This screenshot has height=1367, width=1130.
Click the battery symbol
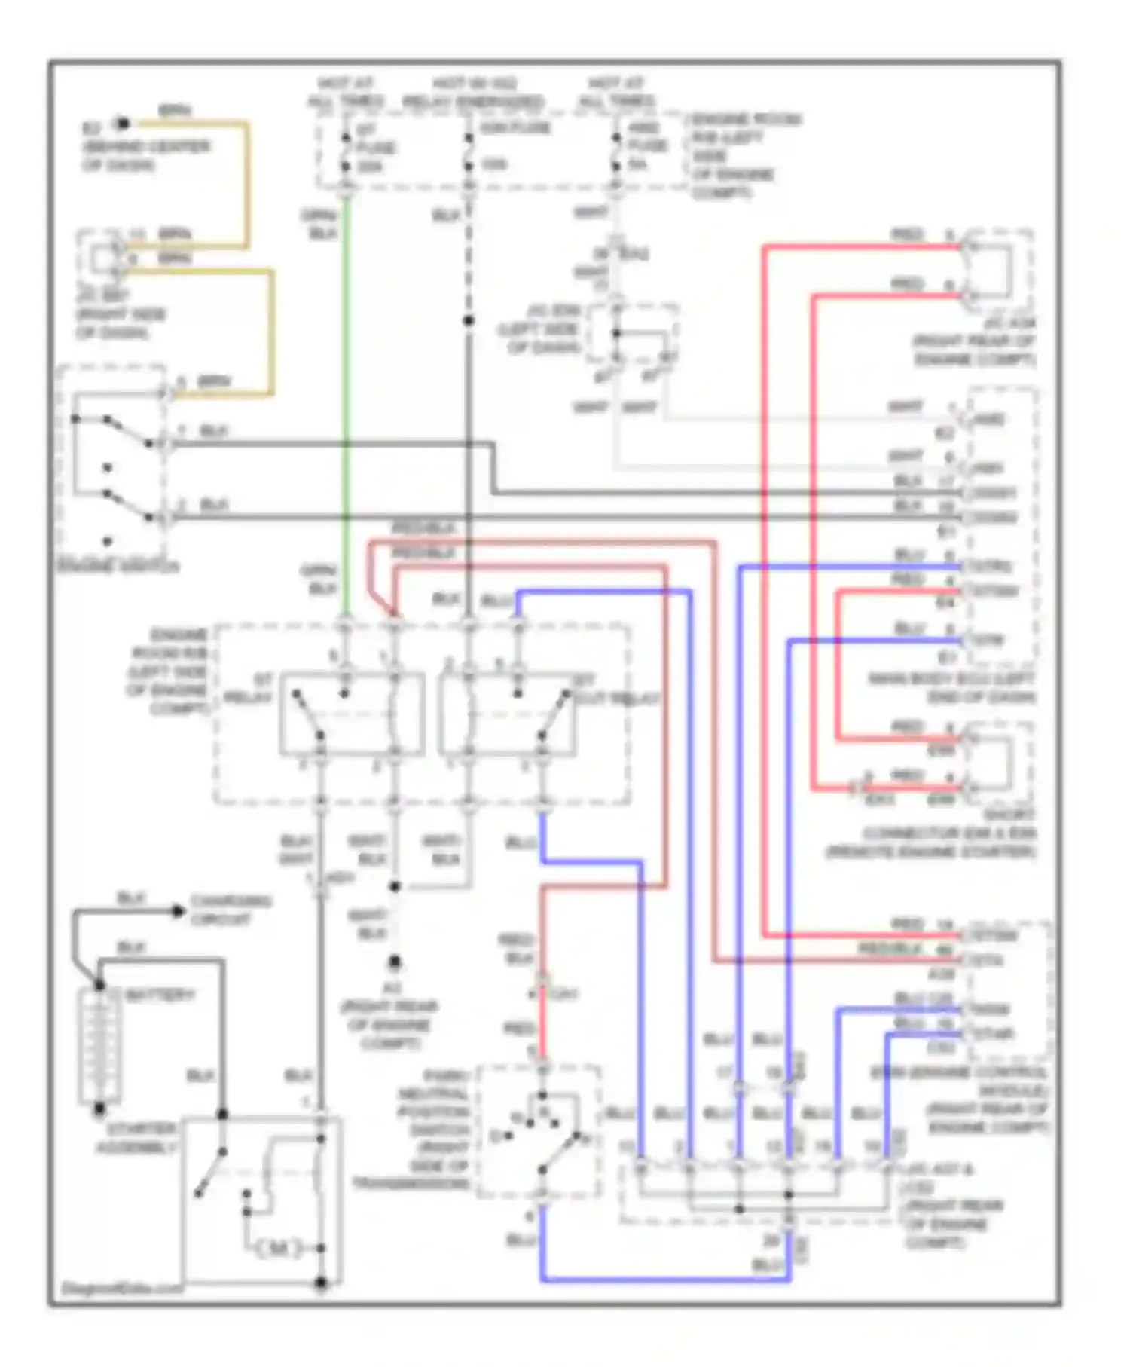click(x=99, y=1047)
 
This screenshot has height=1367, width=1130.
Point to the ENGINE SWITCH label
click(x=118, y=566)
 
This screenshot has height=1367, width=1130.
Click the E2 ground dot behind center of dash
click(x=123, y=124)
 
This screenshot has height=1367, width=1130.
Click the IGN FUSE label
click(x=515, y=127)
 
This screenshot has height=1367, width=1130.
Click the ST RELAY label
click(x=250, y=689)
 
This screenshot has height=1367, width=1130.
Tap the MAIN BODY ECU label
click(x=951, y=688)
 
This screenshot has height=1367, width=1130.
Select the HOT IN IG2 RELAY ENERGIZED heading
click(x=473, y=92)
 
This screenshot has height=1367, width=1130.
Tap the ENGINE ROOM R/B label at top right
click(x=734, y=156)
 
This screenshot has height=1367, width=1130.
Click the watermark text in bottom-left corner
click(x=121, y=1289)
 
